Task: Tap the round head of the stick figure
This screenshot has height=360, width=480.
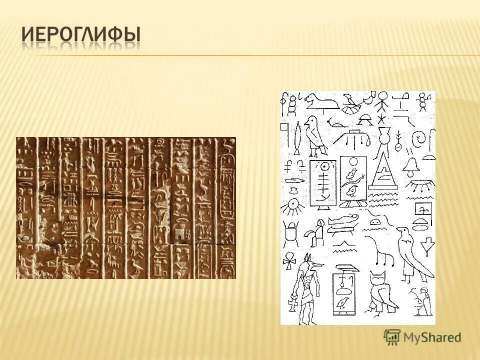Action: tap(383, 96)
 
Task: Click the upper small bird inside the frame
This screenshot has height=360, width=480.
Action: tap(352, 173)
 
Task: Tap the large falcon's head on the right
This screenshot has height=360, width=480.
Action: tap(403, 233)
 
